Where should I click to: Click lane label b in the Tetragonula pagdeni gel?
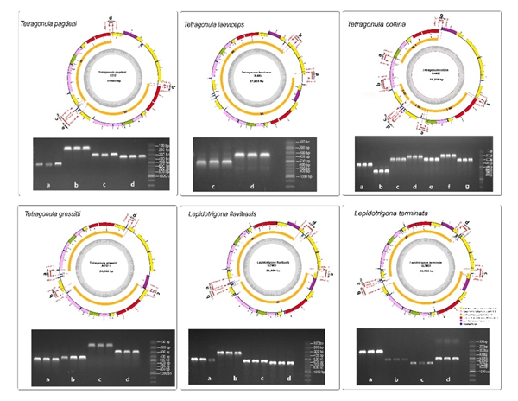coord(77,185)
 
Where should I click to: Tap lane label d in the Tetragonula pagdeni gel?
coord(131,185)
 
